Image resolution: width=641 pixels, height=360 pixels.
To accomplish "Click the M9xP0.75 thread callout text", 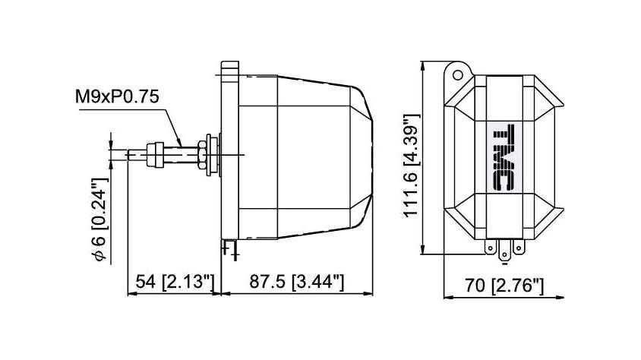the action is pyautogui.click(x=117, y=97).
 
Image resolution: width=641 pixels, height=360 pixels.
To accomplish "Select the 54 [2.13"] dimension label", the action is pyautogui.click(x=175, y=282).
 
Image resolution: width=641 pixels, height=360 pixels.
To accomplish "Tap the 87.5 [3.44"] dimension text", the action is pyautogui.click(x=297, y=282).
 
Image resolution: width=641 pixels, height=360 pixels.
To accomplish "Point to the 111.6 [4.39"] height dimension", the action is pyautogui.click(x=412, y=166).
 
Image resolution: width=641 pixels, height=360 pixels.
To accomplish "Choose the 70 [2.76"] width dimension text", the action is pyautogui.click(x=504, y=286).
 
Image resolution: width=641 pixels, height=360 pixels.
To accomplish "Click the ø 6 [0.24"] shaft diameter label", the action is pyautogui.click(x=99, y=219).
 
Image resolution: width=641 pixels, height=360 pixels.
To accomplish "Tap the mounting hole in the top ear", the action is pyautogui.click(x=458, y=75).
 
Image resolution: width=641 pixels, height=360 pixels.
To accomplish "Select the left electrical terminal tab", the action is pyautogui.click(x=490, y=247).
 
